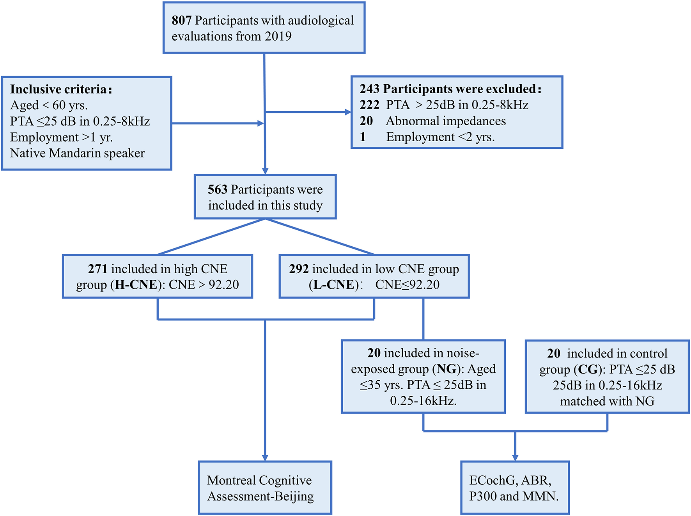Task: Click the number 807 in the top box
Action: (181, 20)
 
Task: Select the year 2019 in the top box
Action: (278, 36)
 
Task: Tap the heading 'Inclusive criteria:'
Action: (61, 89)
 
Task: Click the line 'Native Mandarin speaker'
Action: (77, 153)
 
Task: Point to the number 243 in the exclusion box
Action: (369, 89)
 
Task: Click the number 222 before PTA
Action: (369, 105)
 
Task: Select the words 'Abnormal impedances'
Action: (446, 121)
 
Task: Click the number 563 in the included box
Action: (217, 189)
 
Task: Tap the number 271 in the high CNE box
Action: (97, 269)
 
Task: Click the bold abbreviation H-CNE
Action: (136, 285)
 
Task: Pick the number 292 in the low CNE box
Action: (299, 269)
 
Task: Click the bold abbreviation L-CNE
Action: (333, 285)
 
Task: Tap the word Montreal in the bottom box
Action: (230, 480)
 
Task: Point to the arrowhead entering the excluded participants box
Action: (348, 112)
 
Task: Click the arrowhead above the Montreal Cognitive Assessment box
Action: (265, 457)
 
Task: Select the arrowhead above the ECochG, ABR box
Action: (515, 457)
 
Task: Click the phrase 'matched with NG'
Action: (607, 401)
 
